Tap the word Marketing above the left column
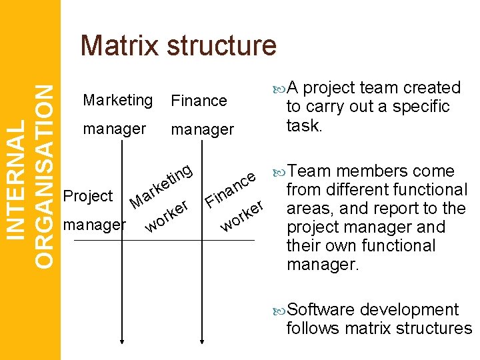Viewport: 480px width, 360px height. click(117, 100)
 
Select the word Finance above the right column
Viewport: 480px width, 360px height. click(199, 101)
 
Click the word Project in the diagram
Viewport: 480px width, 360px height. click(87, 196)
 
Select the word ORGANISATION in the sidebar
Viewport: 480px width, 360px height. click(45, 175)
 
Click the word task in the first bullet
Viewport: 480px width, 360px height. click(303, 125)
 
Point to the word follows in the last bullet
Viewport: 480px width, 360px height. click(311, 328)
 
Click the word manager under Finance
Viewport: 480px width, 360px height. click(203, 129)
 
